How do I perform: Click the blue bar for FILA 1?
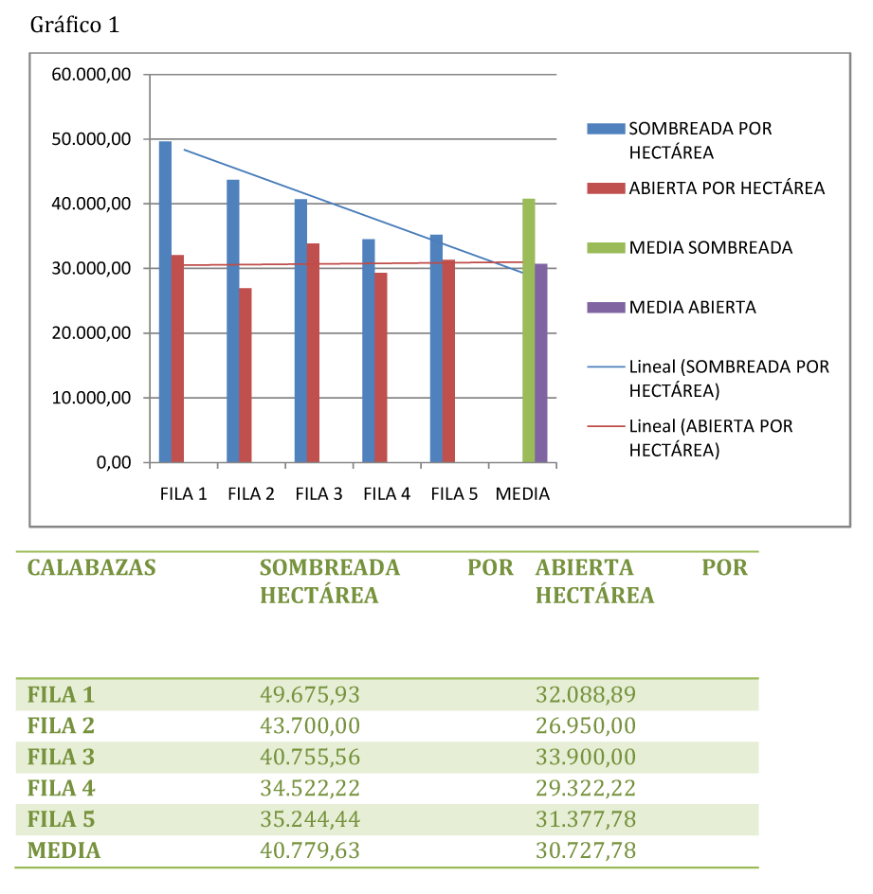(165, 302)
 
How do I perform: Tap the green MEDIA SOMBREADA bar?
(529, 331)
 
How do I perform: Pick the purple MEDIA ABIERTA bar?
(541, 364)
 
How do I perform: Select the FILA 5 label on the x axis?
(454, 494)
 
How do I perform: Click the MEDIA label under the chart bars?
(522, 494)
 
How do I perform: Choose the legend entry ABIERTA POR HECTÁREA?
(726, 188)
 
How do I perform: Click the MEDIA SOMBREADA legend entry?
(710, 247)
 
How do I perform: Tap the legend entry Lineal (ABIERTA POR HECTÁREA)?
(710, 438)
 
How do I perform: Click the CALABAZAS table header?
(91, 568)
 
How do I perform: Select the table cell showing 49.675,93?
(310, 695)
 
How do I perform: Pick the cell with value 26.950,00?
(585, 726)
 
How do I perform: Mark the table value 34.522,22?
(310, 788)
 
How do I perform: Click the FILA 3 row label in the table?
(62, 758)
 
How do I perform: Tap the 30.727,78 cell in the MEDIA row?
(585, 850)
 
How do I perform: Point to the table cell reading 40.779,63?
(310, 850)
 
